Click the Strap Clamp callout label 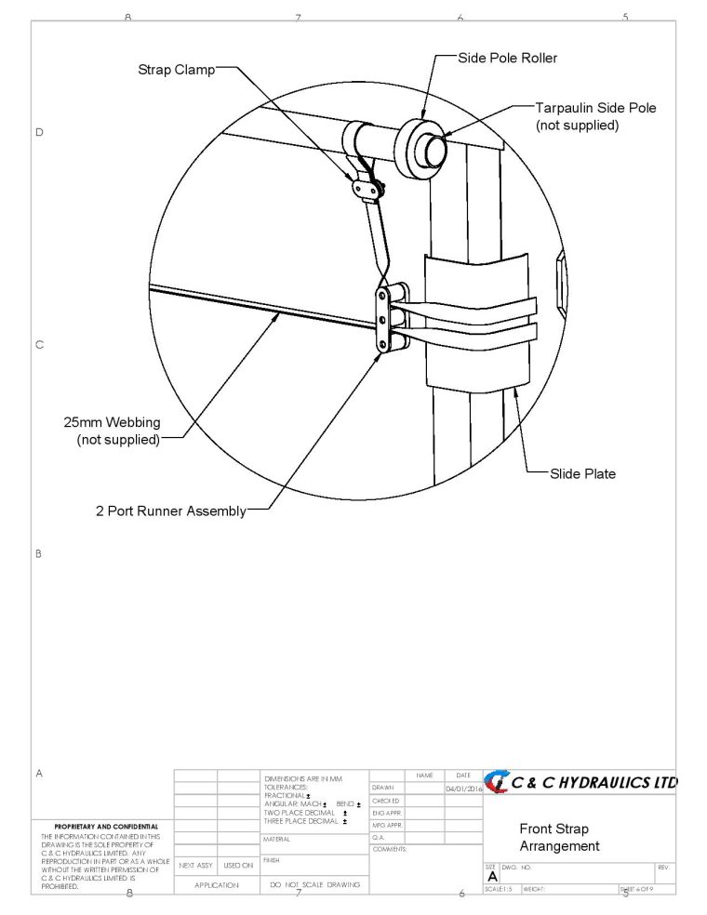pyautogui.click(x=177, y=69)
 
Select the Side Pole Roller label pyautogui.click(x=507, y=58)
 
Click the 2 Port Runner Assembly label pyautogui.click(x=171, y=511)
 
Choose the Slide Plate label pyautogui.click(x=581, y=474)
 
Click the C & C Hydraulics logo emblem pyautogui.click(x=495, y=783)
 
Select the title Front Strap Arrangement pyautogui.click(x=559, y=837)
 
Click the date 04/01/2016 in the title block pyautogui.click(x=463, y=789)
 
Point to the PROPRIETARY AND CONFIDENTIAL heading pyautogui.click(x=105, y=827)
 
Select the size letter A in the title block pyautogui.click(x=492, y=876)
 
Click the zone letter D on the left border pyautogui.click(x=39, y=132)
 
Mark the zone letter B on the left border pyautogui.click(x=39, y=553)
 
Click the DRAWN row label pyautogui.click(x=384, y=789)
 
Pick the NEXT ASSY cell pyautogui.click(x=195, y=865)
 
